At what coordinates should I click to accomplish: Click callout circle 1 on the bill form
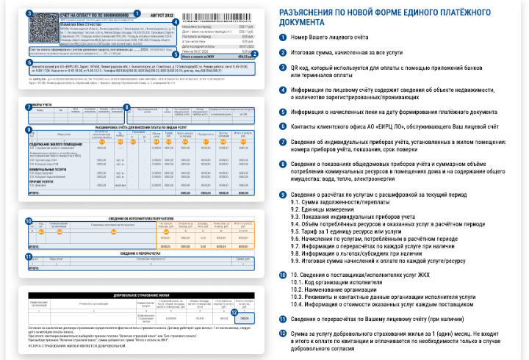pos(139,13)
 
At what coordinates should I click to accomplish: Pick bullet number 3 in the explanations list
pos(283,68)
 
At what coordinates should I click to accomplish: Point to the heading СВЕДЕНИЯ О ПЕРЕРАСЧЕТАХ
pos(137,253)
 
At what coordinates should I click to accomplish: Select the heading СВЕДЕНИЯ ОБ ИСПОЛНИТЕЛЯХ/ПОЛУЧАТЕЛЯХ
pos(139,218)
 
